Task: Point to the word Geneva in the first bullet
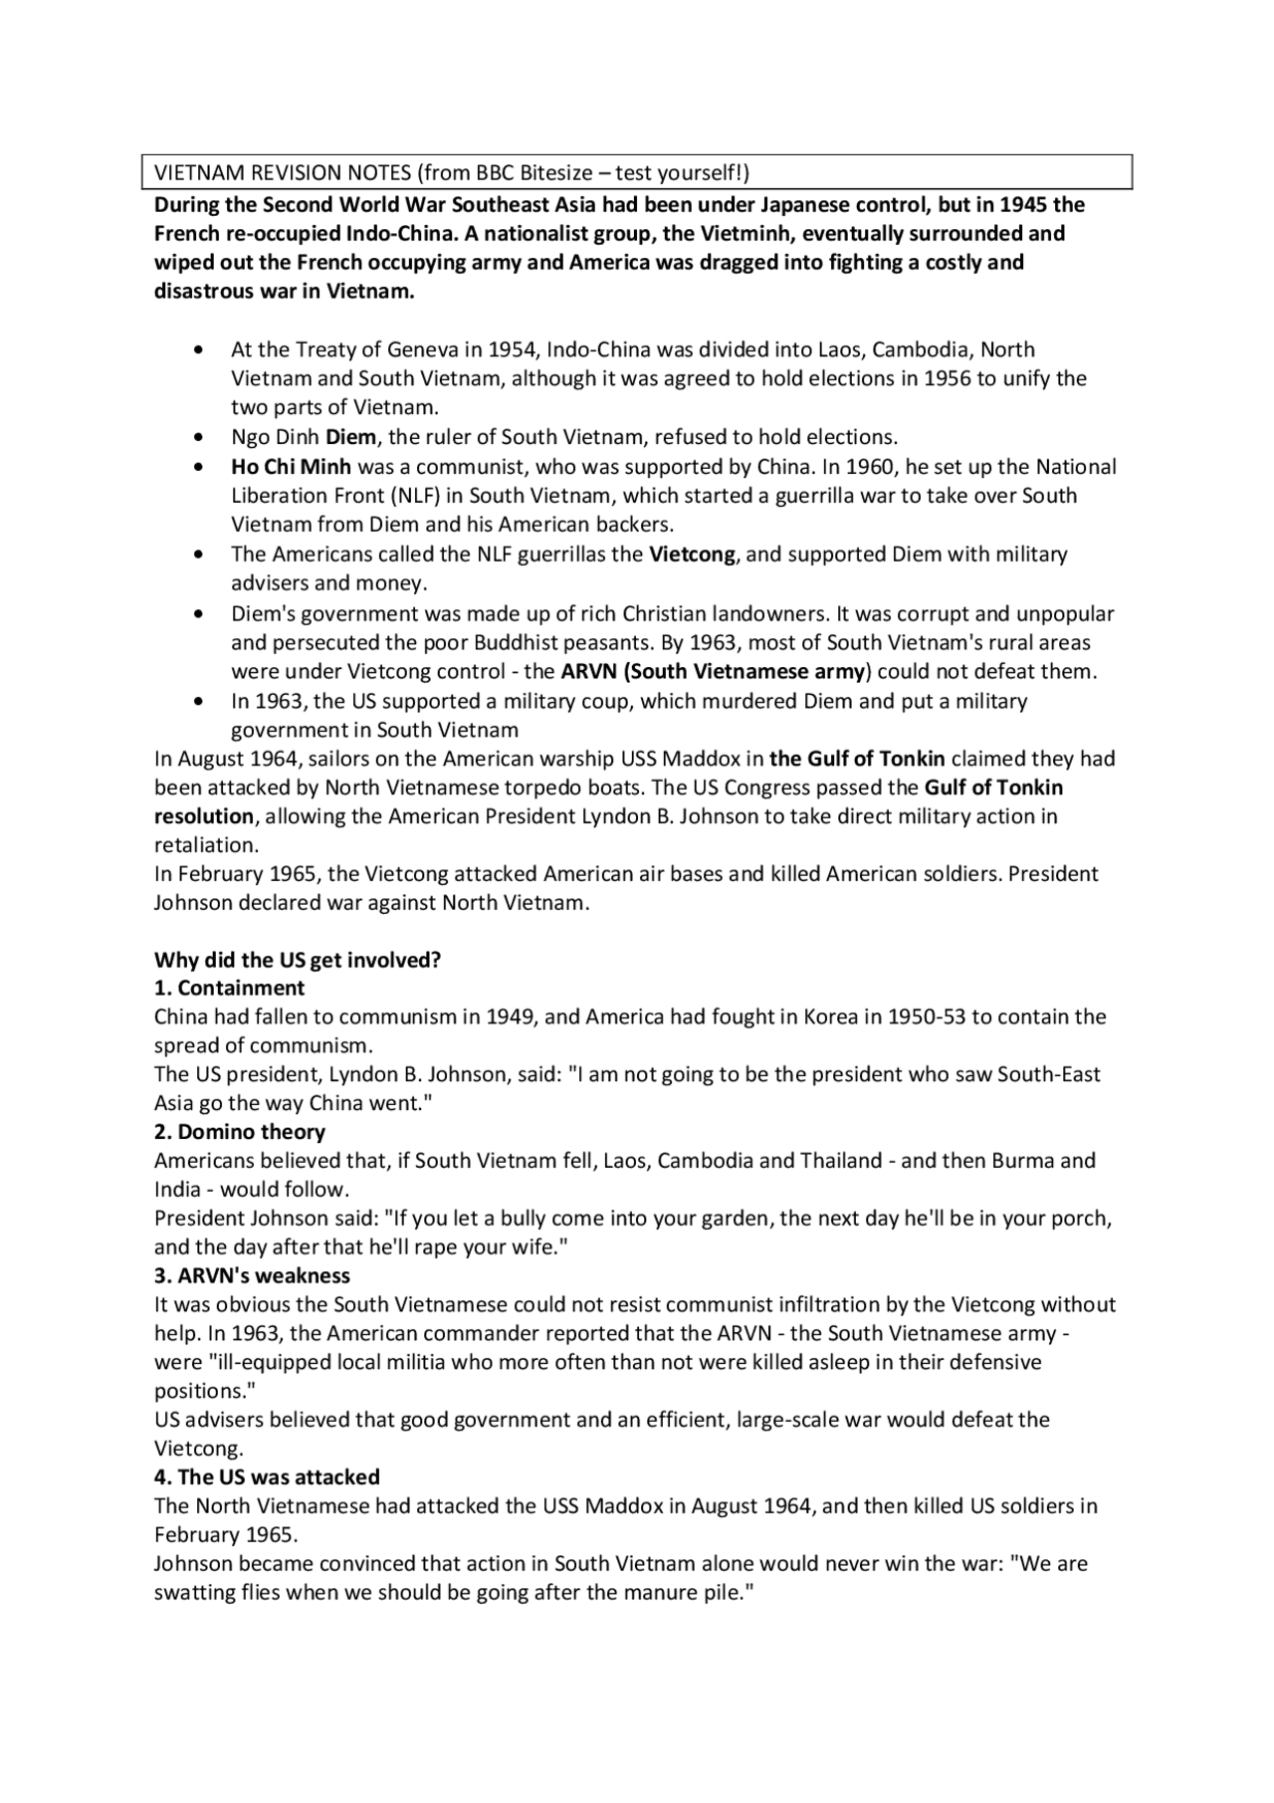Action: [x=421, y=350]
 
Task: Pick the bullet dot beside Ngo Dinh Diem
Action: [x=202, y=438]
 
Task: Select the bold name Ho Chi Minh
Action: [x=291, y=467]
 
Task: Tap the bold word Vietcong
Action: [x=692, y=555]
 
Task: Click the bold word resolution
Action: [x=204, y=817]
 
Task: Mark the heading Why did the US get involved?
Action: [x=297, y=961]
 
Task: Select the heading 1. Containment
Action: [x=229, y=989]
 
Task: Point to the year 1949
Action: [x=513, y=1017]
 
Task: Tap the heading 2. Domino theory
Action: [x=239, y=1133]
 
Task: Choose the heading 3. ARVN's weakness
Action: [x=252, y=1276]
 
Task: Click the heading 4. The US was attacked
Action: [x=267, y=1477]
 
